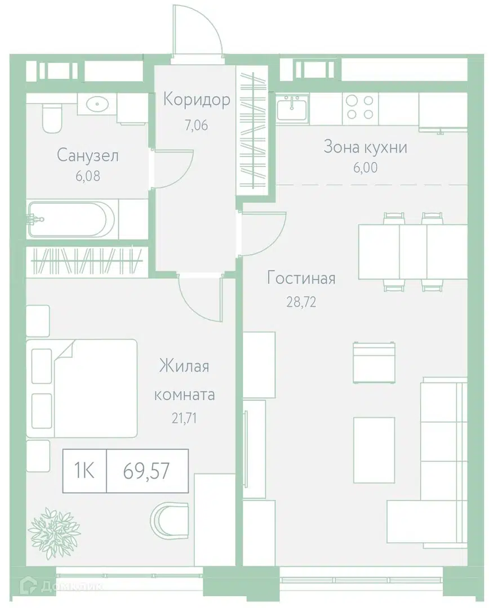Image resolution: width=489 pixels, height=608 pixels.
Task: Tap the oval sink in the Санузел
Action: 97,104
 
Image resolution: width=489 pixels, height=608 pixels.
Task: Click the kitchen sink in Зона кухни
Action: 292,108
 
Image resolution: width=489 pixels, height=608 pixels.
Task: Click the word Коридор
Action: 197,100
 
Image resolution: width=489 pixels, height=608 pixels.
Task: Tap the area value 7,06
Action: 197,125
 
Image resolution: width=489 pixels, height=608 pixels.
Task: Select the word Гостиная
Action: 301,278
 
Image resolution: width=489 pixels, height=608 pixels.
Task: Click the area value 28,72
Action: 301,302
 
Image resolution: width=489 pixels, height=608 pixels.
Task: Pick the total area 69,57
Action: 146,471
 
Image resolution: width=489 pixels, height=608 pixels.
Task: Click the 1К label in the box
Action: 84,471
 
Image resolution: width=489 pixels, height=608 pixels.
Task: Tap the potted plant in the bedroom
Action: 55,533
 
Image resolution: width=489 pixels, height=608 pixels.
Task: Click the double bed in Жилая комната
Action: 82,388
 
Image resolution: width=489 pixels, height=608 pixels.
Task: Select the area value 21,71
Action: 184,418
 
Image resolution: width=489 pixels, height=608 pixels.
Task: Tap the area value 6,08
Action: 88,176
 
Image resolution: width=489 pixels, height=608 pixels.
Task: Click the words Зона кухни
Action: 365,147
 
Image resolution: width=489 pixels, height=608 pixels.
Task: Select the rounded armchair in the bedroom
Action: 169,520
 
